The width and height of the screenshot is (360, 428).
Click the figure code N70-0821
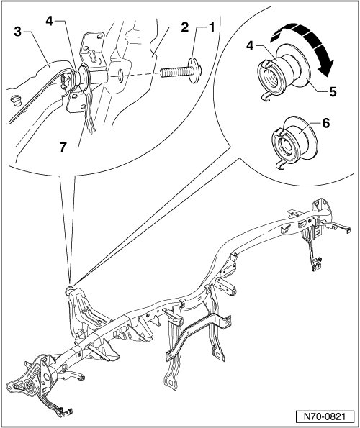tap(325, 416)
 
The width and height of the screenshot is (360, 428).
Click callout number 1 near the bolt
tap(211, 28)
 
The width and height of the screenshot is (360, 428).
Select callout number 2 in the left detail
tap(184, 27)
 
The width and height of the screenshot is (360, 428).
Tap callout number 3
tap(17, 32)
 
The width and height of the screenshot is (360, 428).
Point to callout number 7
tap(63, 147)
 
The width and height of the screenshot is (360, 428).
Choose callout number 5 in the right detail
tap(333, 92)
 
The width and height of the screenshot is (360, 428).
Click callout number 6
tap(326, 123)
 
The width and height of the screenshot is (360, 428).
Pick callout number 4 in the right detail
tap(250, 46)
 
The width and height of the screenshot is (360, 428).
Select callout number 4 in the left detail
tap(49, 21)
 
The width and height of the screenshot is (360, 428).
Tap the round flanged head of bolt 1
tap(195, 70)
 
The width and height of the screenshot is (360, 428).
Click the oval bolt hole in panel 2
tap(120, 75)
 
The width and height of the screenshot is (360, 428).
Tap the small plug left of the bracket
tap(17, 100)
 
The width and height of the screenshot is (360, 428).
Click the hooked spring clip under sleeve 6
tap(280, 165)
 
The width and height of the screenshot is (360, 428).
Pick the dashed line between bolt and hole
tap(141, 75)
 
